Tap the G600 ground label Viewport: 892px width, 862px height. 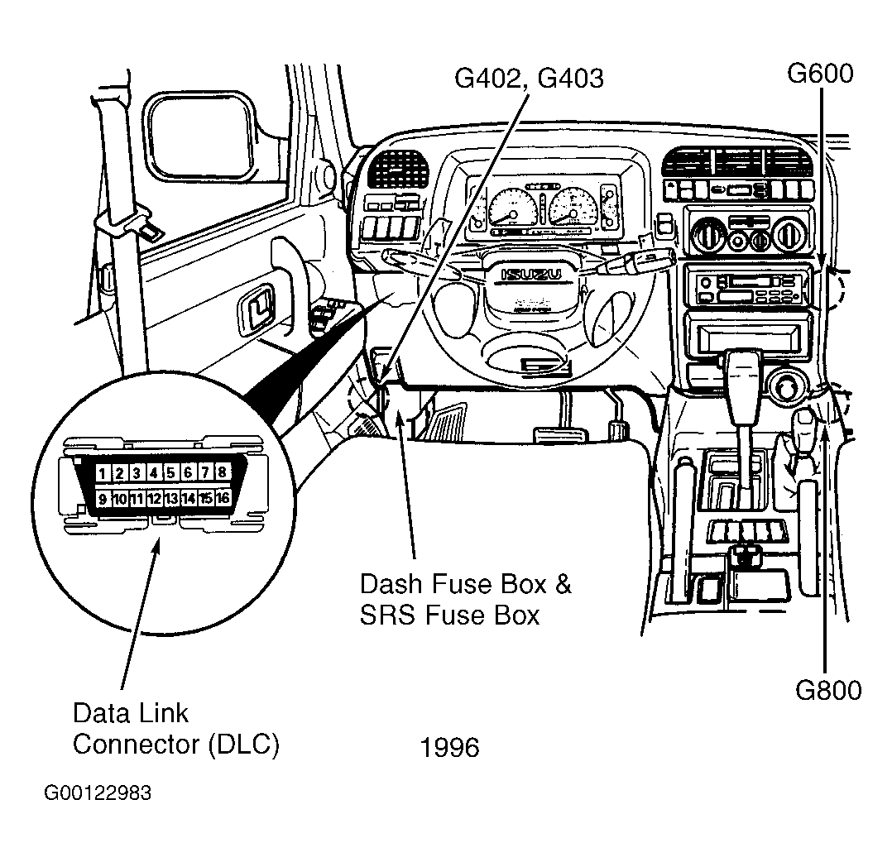pos(819,74)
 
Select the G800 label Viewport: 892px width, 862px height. pos(828,690)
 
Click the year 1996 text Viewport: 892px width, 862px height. pos(449,748)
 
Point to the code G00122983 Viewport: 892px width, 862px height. pos(98,794)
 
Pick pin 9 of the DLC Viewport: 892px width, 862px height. pos(103,498)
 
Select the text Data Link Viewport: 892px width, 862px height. pos(131,713)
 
